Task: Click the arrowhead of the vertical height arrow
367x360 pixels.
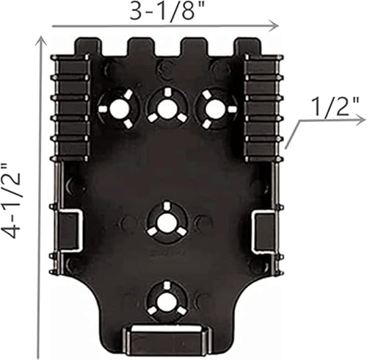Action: [37, 43]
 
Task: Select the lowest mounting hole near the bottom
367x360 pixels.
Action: [166, 300]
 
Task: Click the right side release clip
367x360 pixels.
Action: [263, 229]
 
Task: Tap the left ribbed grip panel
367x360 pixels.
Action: [70, 107]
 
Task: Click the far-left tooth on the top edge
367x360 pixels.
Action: [87, 47]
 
